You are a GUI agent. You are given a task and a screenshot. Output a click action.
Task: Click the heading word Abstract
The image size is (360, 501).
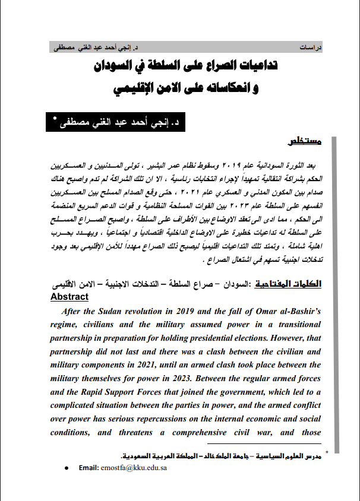point(70,297)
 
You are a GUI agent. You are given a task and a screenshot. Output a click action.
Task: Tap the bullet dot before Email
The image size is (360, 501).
point(66,468)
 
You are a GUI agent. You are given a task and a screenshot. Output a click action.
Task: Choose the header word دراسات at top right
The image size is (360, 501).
point(310,47)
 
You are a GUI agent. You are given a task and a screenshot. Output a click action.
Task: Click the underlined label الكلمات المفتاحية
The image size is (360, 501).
point(296,284)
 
